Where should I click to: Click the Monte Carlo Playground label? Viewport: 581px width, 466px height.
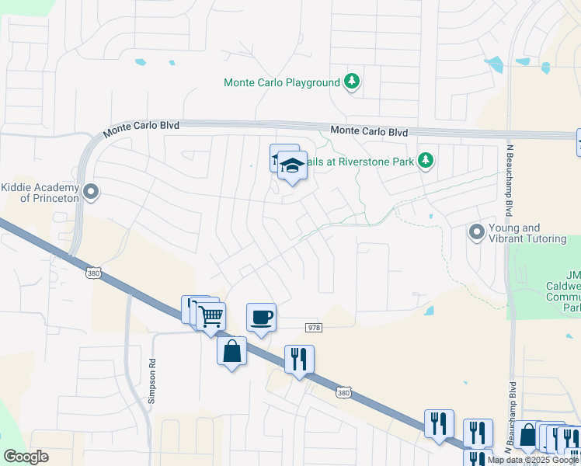(282, 82)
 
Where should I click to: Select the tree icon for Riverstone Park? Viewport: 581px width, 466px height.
(425, 160)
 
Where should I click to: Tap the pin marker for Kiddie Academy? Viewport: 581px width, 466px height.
(92, 191)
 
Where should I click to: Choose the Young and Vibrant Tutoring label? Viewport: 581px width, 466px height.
(527, 233)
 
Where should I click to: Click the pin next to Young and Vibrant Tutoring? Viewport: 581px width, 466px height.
(476, 232)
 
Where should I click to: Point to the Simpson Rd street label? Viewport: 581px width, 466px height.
(152, 384)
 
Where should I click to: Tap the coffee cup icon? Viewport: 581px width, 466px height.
(261, 317)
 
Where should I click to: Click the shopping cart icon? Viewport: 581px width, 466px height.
(210, 316)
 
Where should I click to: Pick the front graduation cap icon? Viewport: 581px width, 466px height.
(292, 165)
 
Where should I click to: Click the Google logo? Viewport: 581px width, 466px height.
(26, 457)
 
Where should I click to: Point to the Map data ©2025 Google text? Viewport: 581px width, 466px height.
(533, 460)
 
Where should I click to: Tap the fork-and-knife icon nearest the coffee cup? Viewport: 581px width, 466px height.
(299, 359)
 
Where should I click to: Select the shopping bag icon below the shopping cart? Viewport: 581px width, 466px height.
(232, 351)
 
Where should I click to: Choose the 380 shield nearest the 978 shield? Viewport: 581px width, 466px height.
(344, 394)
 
